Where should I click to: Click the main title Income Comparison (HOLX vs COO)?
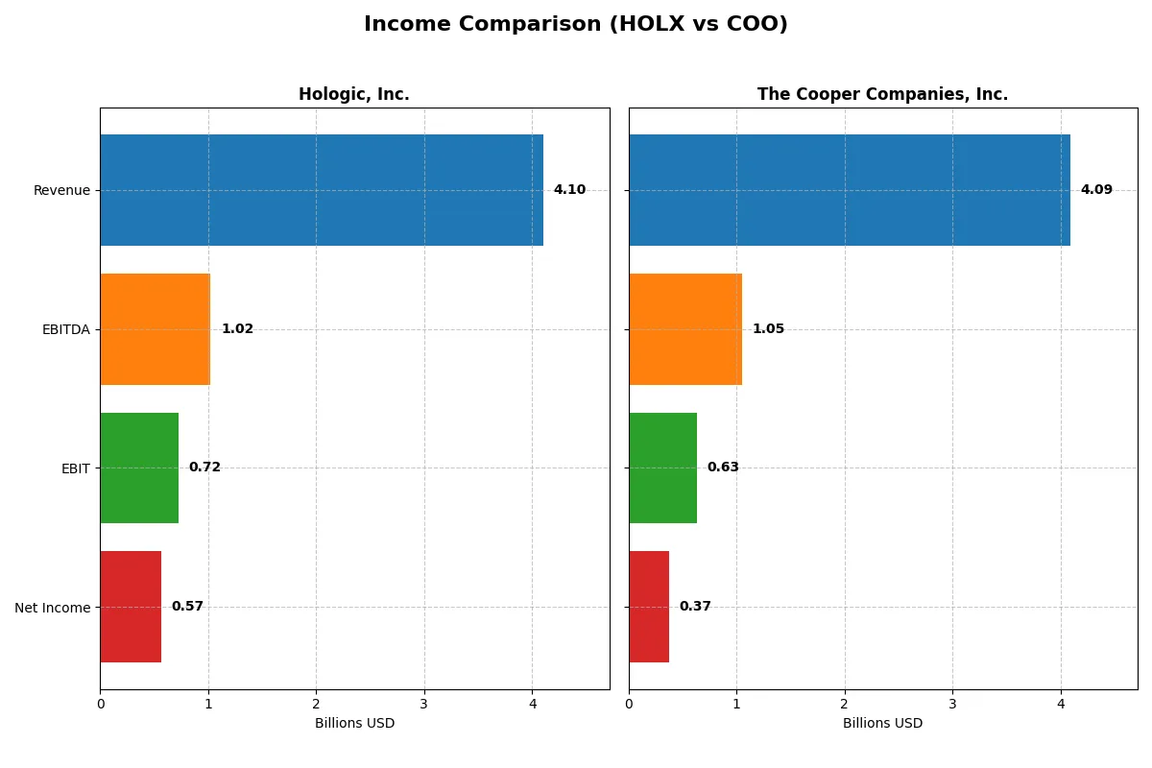click(575, 24)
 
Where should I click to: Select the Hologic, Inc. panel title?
click(353, 94)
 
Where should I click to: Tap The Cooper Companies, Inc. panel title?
click(882, 94)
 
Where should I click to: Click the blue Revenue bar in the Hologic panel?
click(322, 190)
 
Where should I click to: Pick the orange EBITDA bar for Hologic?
click(155, 329)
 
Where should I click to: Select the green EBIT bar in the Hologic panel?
click(139, 468)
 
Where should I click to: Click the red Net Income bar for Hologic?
click(131, 607)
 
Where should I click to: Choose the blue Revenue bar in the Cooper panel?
click(850, 190)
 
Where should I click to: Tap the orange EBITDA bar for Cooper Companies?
click(685, 329)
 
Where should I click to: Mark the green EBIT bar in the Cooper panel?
click(662, 468)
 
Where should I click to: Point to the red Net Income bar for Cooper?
click(649, 607)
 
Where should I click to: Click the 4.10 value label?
click(569, 190)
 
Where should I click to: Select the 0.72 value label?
click(204, 468)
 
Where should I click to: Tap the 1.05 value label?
click(768, 329)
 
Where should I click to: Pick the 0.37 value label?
click(695, 607)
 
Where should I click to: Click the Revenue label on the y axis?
click(61, 190)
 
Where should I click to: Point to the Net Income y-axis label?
click(53, 608)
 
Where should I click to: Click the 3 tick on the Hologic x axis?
click(424, 704)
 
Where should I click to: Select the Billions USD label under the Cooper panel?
click(882, 724)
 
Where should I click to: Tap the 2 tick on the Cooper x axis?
click(845, 704)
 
